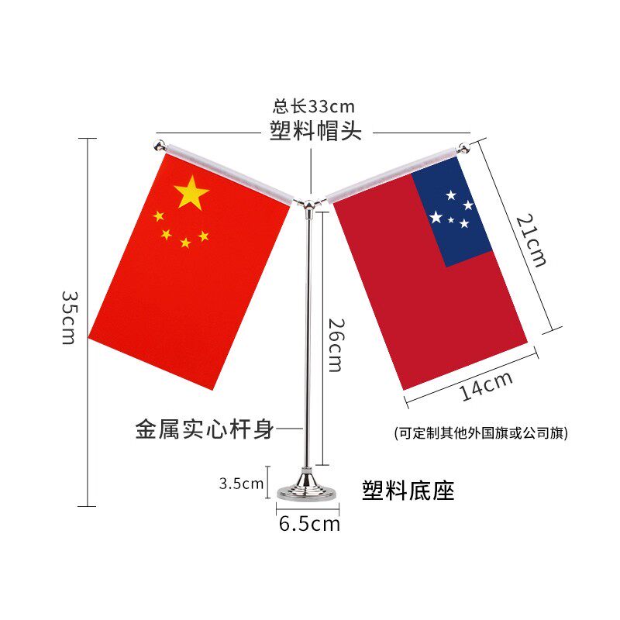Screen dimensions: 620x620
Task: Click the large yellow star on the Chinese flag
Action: pyautogui.click(x=191, y=192)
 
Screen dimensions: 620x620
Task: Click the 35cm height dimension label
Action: pyautogui.click(x=67, y=318)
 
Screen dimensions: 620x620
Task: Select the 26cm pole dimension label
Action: pyautogui.click(x=334, y=345)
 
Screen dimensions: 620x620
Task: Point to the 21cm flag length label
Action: pyautogui.click(x=532, y=240)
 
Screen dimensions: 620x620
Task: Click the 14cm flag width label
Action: pyautogui.click(x=486, y=385)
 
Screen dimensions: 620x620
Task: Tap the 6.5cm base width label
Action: pyautogui.click(x=309, y=524)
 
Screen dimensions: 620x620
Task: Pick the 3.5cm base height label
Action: pyautogui.click(x=241, y=484)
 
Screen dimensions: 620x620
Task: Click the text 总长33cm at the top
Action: pyautogui.click(x=314, y=106)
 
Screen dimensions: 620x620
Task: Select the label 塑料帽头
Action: pyautogui.click(x=315, y=130)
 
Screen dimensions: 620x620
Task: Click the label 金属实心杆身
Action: pyautogui.click(x=205, y=429)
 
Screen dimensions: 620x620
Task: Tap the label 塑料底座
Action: pyautogui.click(x=408, y=490)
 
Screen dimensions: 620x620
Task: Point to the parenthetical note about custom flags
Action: pyautogui.click(x=480, y=433)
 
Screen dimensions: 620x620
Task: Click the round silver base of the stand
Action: pyautogui.click(x=308, y=490)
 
